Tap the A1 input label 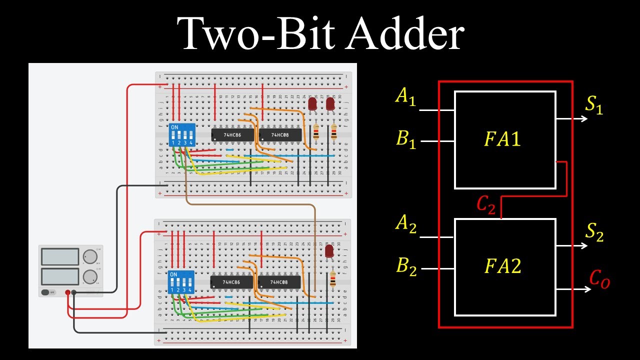click(405, 96)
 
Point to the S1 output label click(594, 105)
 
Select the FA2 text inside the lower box click(502, 266)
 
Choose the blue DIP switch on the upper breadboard click(181, 135)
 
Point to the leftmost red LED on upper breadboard click(312, 104)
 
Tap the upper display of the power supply click(60, 257)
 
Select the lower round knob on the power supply click(89, 276)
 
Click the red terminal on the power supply click(67, 292)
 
